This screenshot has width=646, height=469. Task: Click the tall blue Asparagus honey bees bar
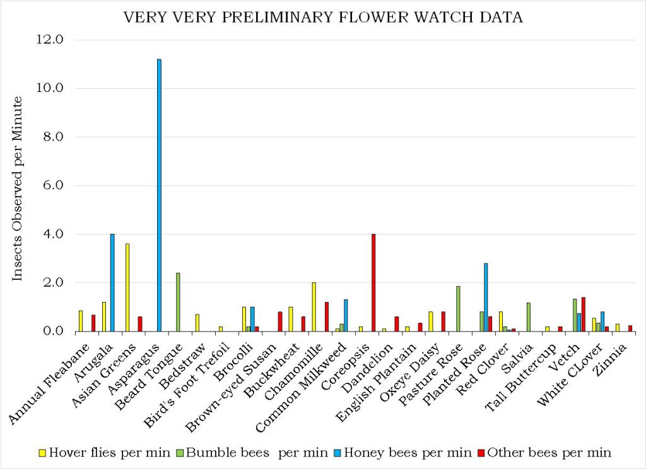[x=159, y=195]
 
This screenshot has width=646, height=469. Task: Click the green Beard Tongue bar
[x=178, y=302]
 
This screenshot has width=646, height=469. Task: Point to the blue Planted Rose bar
[x=486, y=297]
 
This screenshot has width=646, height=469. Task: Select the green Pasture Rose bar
[x=458, y=309]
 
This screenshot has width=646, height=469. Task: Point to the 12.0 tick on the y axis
[x=51, y=40]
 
